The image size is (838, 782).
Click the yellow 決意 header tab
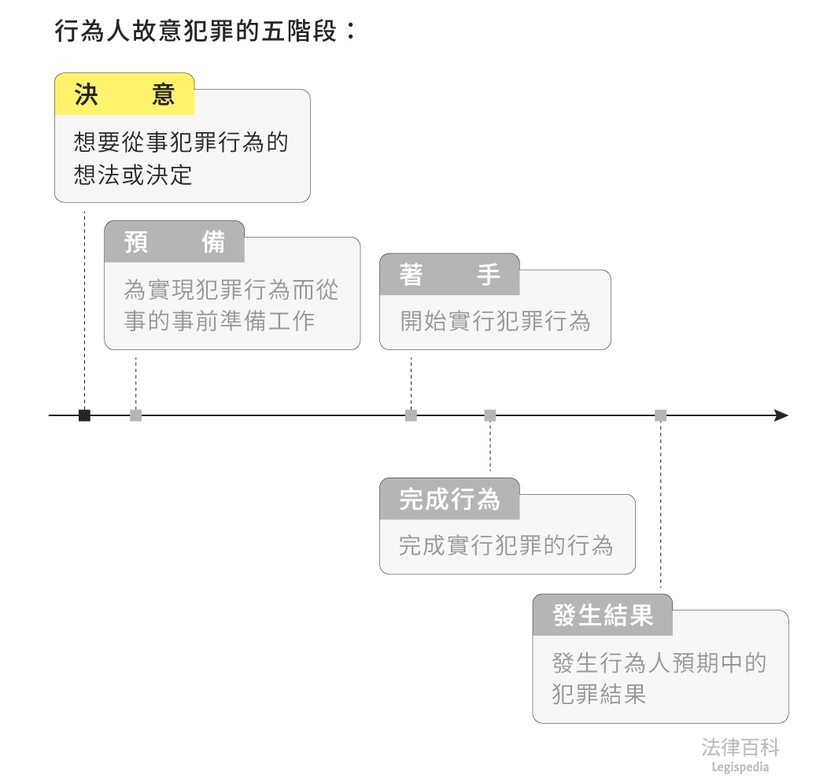click(124, 94)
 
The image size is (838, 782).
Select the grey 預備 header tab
click(175, 242)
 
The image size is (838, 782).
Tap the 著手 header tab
click(449, 275)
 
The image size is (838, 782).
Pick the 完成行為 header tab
click(449, 499)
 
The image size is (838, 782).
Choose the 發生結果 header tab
click(603, 615)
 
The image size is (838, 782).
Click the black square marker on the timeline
click(84, 415)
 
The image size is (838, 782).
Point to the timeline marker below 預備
click(136, 415)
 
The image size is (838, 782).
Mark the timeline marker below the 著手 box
click(411, 415)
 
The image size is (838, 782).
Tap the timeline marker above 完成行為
click(490, 415)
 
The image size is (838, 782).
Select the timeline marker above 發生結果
click(661, 415)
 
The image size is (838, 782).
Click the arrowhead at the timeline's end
click(781, 415)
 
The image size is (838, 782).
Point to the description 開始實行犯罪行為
click(495, 321)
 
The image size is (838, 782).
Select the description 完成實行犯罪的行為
click(506, 545)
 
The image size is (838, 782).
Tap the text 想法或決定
click(133, 175)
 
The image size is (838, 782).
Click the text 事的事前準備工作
click(219, 321)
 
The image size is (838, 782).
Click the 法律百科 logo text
click(740, 747)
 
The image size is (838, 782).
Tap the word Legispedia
click(740, 768)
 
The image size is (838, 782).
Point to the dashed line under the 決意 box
click(84, 307)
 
